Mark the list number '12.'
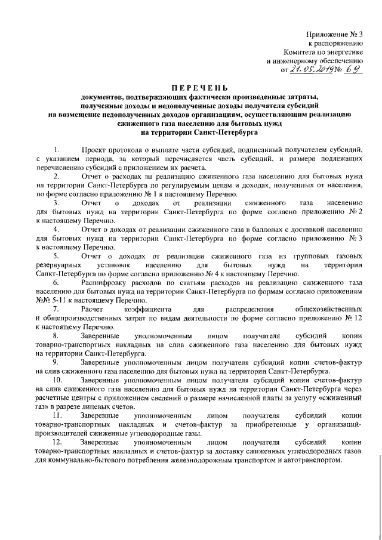pyautogui.click(x=58, y=442)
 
